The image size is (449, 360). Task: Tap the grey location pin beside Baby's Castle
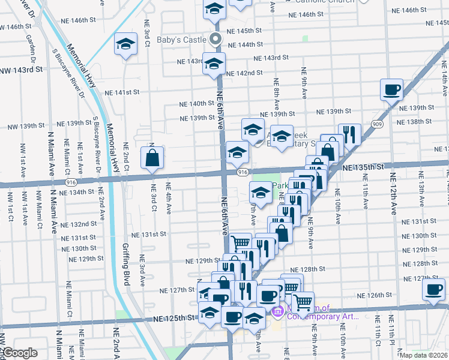tap(217, 40)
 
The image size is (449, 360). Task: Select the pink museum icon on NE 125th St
tap(277, 311)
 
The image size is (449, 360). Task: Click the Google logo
tap(20, 353)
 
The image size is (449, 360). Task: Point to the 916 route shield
tap(243, 172)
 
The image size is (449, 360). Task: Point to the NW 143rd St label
tap(22, 70)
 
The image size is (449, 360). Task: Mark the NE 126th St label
tap(374, 295)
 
